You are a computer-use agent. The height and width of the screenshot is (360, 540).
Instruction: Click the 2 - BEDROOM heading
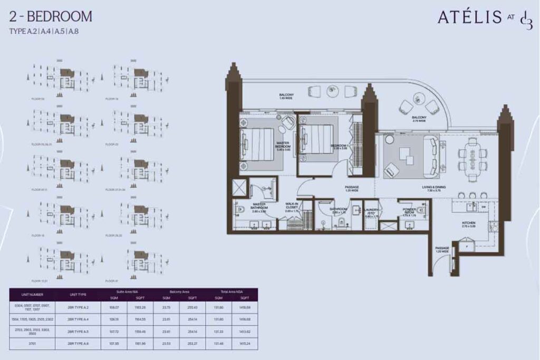51,16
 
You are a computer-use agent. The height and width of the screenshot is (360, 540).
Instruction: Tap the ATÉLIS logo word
469,17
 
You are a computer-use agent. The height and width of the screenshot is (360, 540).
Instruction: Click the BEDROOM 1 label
339,147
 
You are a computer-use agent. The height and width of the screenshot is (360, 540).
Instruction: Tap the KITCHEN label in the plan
468,225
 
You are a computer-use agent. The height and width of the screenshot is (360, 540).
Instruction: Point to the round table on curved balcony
418,98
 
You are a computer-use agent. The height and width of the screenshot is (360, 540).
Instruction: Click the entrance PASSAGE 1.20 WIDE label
442,249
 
